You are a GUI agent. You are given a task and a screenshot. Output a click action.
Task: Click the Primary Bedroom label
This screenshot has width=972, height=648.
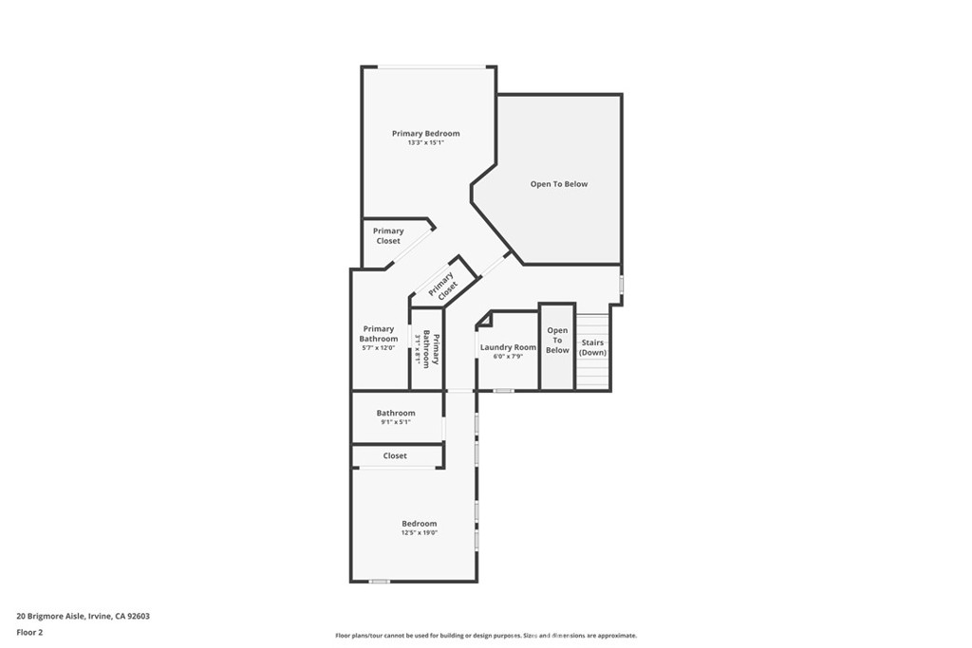425,134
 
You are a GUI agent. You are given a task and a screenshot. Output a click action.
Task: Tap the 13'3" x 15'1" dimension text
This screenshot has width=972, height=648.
425,143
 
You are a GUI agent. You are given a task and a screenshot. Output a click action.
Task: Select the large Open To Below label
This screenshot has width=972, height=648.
558,184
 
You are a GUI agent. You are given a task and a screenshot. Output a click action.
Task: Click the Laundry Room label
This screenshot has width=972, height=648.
508,347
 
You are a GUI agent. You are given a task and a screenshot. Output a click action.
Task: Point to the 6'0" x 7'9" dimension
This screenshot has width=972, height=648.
508,357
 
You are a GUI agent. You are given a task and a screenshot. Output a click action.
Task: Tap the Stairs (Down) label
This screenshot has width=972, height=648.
592,347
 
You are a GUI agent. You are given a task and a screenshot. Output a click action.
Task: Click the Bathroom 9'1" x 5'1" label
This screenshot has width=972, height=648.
395,413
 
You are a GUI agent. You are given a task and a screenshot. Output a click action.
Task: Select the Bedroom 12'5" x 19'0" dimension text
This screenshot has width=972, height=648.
419,533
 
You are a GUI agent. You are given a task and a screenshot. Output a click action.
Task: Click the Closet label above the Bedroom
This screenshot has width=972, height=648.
395,456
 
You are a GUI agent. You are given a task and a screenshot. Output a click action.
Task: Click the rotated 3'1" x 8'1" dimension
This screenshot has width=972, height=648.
418,350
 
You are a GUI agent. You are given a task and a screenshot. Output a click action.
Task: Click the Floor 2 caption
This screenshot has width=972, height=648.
29,631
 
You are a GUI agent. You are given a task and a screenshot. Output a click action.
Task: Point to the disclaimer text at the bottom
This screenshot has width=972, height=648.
485,636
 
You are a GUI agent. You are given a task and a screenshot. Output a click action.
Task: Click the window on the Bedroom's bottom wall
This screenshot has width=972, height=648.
380,581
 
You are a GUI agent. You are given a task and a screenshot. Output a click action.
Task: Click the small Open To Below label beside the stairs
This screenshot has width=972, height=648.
557,341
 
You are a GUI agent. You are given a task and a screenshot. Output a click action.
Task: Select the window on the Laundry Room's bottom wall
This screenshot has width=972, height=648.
503,390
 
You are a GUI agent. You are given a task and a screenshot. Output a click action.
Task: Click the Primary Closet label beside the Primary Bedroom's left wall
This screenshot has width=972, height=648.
387,235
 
